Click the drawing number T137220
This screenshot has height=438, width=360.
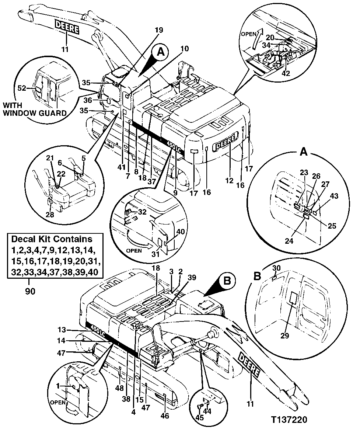pyautogui.click(x=289, y=420)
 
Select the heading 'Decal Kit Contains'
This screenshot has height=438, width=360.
pyautogui.click(x=52, y=239)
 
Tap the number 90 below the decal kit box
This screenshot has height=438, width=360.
pyautogui.click(x=30, y=291)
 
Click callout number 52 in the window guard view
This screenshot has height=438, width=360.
pyautogui.click(x=22, y=88)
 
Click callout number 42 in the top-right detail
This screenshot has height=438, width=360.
pyautogui.click(x=286, y=73)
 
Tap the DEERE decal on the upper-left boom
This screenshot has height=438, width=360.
pyautogui.click(x=67, y=27)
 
